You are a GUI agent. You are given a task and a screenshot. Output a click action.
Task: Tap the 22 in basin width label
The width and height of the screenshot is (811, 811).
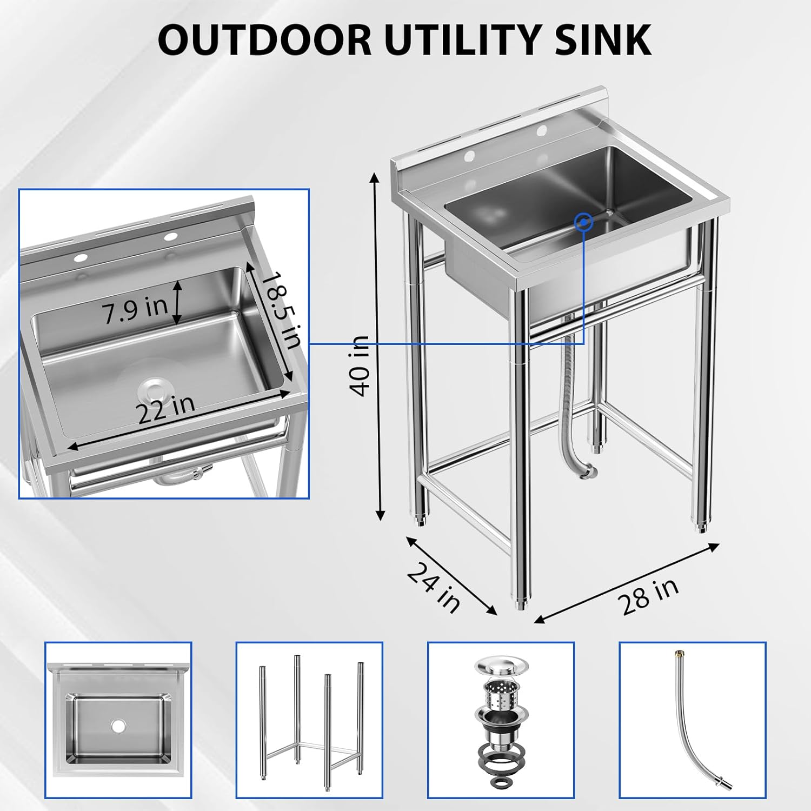[x=165, y=409]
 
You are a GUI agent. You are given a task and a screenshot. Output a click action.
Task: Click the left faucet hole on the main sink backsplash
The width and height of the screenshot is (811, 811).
[x=469, y=156]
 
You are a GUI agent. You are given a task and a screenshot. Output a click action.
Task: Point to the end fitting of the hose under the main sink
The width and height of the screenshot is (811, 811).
[x=588, y=471]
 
